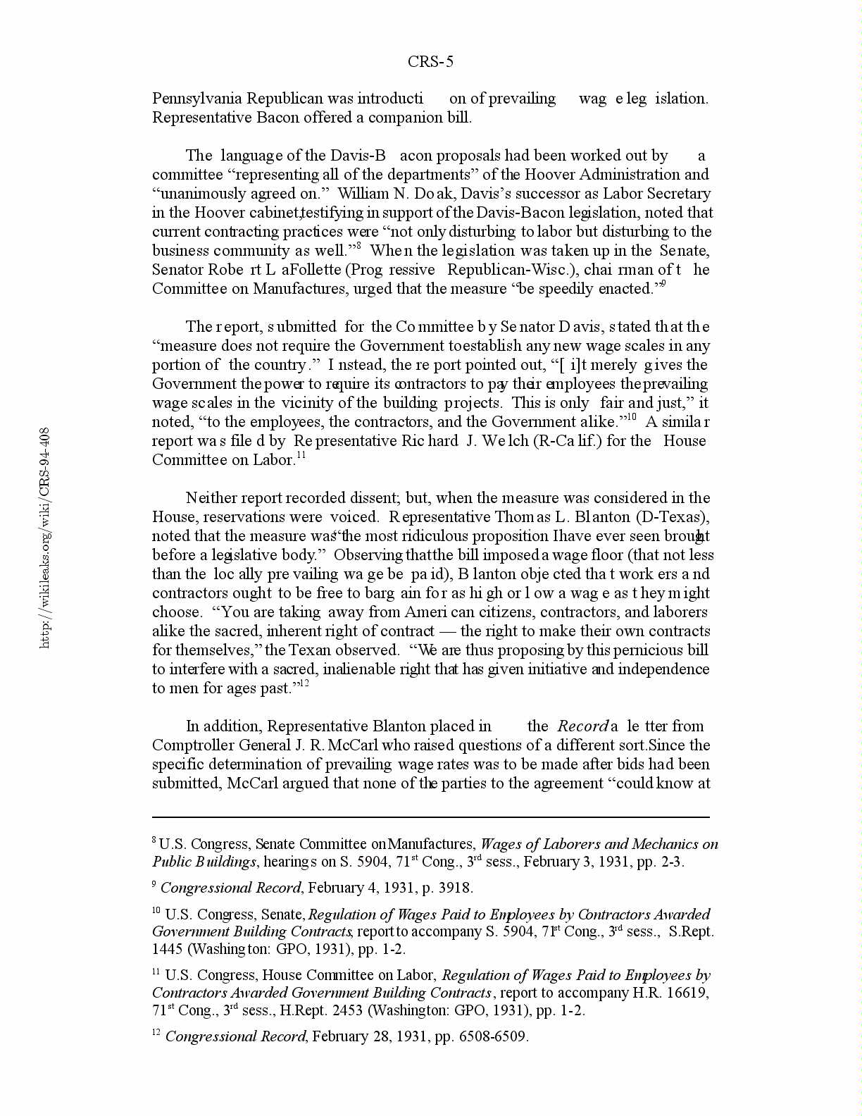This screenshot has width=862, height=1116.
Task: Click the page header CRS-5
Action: coord(430,62)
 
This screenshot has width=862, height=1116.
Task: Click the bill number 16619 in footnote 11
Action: coord(687,993)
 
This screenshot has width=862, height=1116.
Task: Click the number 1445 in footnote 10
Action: coord(168,949)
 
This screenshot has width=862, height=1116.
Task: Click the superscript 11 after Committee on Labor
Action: coord(301,456)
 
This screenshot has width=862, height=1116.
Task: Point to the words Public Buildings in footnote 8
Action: coord(204,862)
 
